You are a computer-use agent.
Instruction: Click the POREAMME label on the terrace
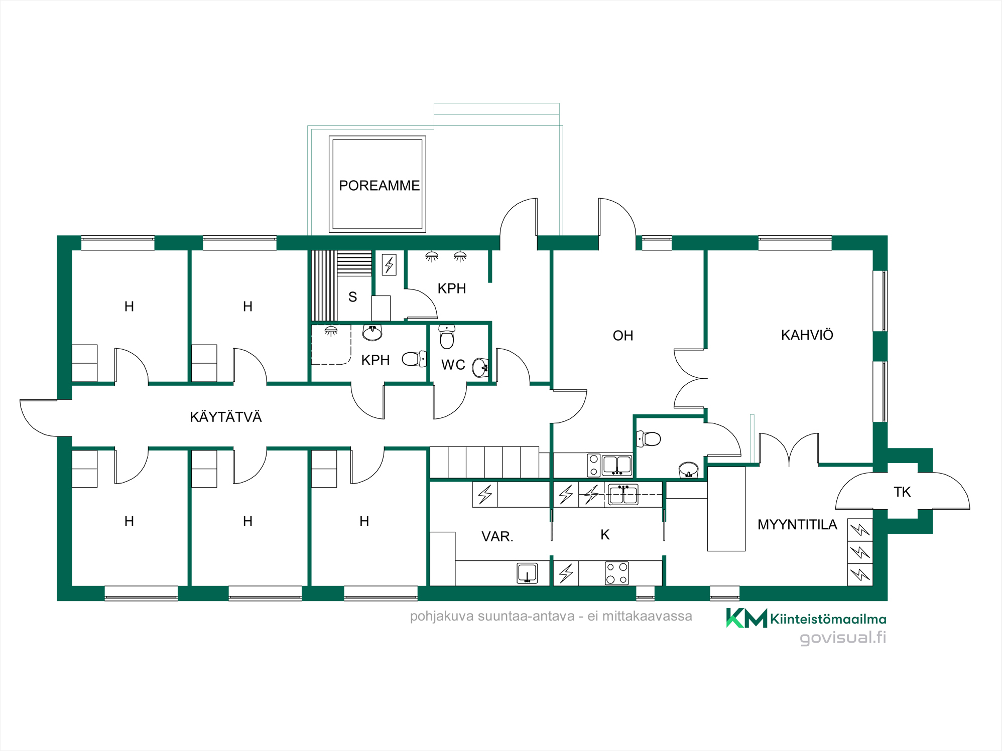point(380,186)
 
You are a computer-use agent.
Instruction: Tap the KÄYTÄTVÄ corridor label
point(226,417)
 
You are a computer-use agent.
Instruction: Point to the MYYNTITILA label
point(798,525)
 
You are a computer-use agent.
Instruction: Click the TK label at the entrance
point(903,492)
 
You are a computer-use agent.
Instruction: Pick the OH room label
point(623,336)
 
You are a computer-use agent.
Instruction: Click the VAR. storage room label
point(497,537)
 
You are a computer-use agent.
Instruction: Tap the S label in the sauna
point(353,297)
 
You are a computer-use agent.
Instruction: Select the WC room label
point(453,365)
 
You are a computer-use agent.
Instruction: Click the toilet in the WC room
point(447,337)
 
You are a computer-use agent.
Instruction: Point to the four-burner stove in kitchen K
point(617,573)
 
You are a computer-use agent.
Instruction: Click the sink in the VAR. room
point(528,573)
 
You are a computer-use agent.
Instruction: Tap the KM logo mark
point(746,618)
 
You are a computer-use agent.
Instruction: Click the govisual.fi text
point(843,638)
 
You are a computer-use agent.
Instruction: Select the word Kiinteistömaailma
point(828,619)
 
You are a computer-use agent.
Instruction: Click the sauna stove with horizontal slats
point(354,263)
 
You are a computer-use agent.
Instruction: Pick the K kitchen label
point(605,535)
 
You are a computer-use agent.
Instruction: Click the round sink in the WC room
point(480,368)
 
